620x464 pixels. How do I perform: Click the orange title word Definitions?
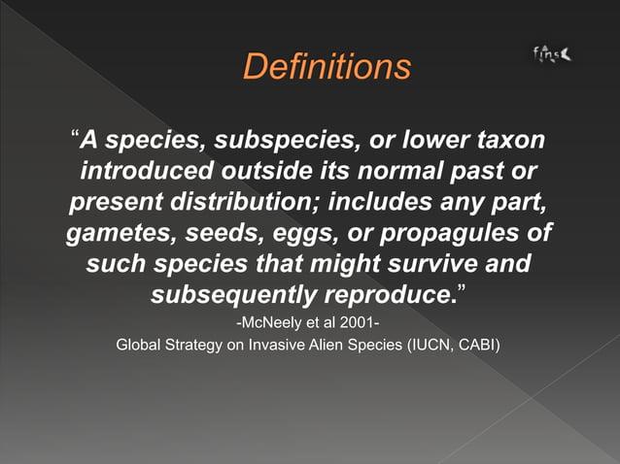tap(327, 67)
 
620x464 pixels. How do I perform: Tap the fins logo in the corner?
tap(552, 54)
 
